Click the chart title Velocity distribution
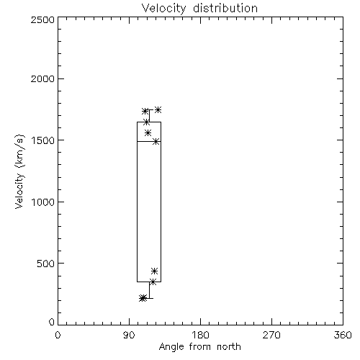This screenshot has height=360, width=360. click(199, 8)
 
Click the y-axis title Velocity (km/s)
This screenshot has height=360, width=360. click(19, 171)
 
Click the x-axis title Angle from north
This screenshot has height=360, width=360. click(199, 347)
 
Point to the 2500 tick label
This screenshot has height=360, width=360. click(42, 19)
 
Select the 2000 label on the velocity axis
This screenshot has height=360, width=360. click(42, 78)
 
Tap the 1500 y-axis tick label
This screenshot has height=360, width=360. click(43, 140)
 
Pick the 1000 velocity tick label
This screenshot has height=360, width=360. click(43, 202)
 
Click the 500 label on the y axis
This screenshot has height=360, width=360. click(46, 264)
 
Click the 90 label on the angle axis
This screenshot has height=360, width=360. click(129, 335)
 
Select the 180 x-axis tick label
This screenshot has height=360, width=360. click(200, 335)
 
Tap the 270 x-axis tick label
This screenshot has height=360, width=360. click(271, 335)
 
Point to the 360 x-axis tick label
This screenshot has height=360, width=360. click(343, 335)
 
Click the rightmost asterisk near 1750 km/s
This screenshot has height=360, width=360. click(158, 109)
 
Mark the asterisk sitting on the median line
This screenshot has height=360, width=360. click(156, 141)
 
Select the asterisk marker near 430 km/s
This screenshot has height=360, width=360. click(155, 271)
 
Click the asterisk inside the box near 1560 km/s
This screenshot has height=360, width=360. click(148, 132)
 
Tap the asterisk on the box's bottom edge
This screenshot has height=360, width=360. click(153, 282)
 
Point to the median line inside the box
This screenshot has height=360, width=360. click(149, 141)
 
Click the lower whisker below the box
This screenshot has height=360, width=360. click(149, 290)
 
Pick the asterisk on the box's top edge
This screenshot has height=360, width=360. click(146, 122)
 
